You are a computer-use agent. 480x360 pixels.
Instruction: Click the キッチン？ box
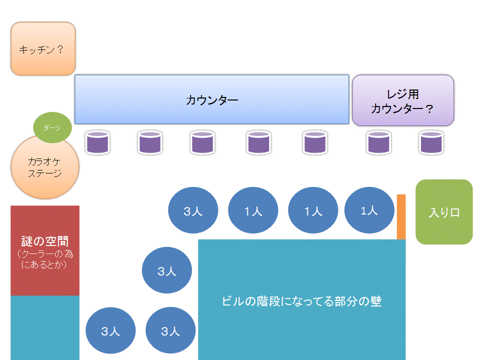click(x=43, y=49)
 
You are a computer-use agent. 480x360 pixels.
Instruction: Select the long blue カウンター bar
click(x=211, y=99)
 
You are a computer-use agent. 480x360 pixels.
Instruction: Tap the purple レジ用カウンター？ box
click(x=403, y=100)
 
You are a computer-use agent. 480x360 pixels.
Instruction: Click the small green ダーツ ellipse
click(x=52, y=128)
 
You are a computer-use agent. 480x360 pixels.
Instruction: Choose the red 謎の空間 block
click(x=45, y=250)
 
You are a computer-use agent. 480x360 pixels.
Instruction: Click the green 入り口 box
click(x=444, y=212)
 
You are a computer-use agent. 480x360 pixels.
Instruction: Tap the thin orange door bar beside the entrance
click(x=401, y=217)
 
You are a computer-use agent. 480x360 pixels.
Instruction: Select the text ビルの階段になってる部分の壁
click(x=301, y=301)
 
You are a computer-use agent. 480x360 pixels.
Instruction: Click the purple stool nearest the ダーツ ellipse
click(x=97, y=142)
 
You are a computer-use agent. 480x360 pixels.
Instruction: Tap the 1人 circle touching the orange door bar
click(x=369, y=210)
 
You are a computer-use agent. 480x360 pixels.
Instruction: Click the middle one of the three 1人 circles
click(x=313, y=210)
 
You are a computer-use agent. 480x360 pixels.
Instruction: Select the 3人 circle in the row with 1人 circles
click(x=193, y=210)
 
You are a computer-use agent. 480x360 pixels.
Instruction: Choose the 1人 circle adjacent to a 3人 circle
click(x=253, y=210)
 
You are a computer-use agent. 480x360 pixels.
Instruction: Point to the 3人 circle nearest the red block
click(x=110, y=331)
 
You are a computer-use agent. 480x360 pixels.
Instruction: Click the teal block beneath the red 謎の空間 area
click(x=45, y=327)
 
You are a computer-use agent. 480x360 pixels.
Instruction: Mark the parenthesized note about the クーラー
click(x=45, y=259)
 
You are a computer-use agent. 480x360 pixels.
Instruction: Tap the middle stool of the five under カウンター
click(x=202, y=142)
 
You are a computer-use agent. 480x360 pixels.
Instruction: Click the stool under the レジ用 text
click(x=378, y=142)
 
